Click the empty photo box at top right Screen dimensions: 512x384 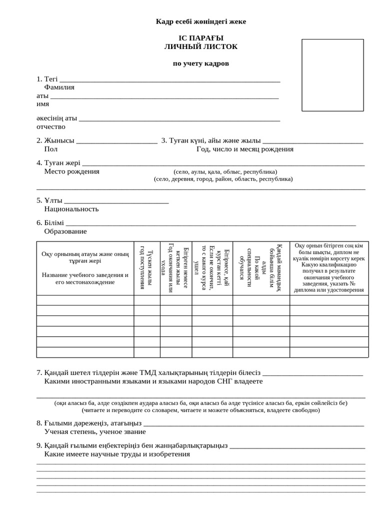[332, 74]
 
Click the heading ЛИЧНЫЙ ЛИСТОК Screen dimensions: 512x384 [201, 46]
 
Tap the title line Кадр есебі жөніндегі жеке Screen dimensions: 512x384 [201, 21]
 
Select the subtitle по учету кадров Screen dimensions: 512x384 [201, 63]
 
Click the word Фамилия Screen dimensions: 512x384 [59, 87]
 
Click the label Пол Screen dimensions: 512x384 [51, 149]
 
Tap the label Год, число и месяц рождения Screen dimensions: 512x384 [245, 149]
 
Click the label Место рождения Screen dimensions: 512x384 [72, 171]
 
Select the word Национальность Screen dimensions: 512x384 [71, 209]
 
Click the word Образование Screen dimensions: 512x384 [65, 231]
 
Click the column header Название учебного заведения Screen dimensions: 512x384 [85, 278]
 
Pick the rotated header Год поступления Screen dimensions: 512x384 [142, 268]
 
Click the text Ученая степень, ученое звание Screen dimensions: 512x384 [95, 431]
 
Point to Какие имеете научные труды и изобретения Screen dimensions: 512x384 [117, 454]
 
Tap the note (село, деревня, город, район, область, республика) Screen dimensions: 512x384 [223, 178]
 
